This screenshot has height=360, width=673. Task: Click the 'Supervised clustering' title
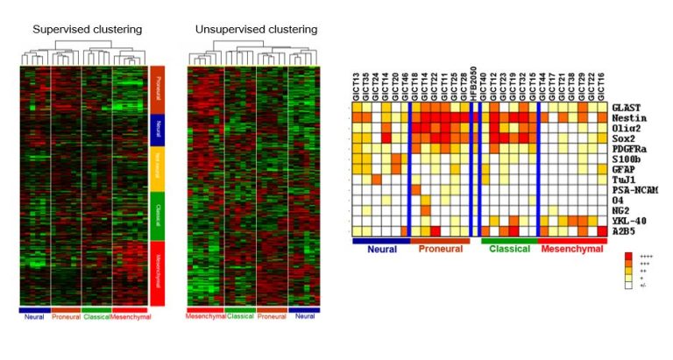87,30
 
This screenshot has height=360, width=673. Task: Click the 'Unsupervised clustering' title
256,30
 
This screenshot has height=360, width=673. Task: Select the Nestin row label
629,117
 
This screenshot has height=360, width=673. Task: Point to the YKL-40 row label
631,221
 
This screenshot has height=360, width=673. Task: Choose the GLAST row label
628,107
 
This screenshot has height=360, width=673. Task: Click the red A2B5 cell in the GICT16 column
601,231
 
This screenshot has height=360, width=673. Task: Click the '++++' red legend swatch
627,257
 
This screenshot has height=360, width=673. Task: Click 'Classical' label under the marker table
507,250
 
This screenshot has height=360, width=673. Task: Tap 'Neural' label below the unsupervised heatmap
304,315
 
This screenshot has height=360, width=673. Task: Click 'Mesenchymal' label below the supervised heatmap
130,315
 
